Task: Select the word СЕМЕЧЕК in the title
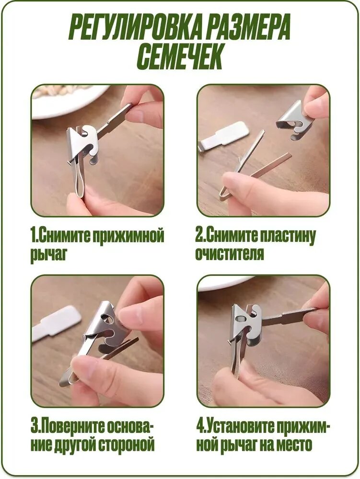point(179,57)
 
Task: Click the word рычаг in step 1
point(48,254)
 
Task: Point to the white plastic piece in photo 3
point(57,324)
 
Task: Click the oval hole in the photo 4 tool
point(240,319)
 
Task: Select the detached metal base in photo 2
point(292,121)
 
